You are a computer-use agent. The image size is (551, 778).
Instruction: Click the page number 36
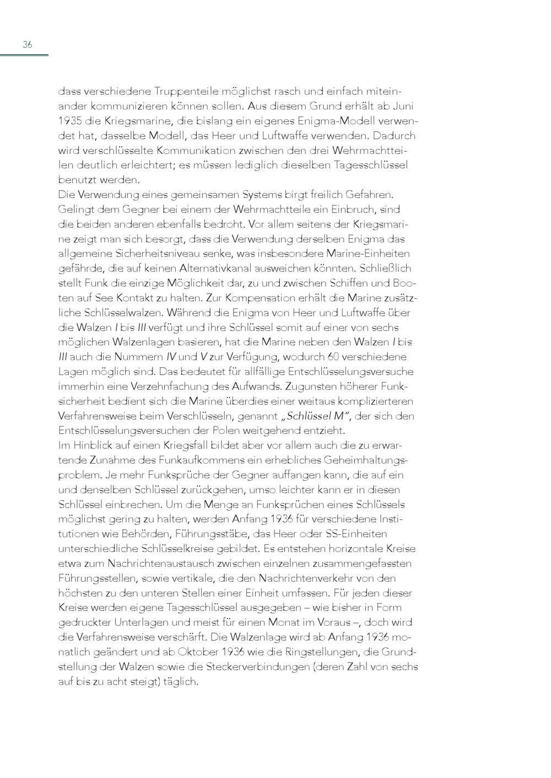pos(27,45)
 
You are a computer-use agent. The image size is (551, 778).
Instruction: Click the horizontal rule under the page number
pos(24,55)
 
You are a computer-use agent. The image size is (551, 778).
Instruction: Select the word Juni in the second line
pos(404,106)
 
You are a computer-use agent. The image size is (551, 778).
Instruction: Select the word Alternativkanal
pos(218,269)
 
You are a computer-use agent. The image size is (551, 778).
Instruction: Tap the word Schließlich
pos(385,269)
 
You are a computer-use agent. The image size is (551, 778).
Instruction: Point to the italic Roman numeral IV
pos(171,357)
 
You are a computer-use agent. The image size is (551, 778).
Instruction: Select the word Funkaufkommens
pos(202,460)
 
